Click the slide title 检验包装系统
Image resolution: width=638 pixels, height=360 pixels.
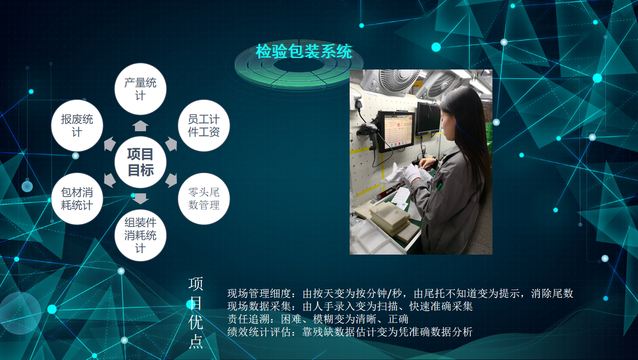point(304,52)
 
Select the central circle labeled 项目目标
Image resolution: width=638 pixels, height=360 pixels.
point(140,162)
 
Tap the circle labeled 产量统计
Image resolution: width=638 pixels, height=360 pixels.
point(140,89)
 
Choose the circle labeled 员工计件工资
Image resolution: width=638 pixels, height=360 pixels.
point(204,126)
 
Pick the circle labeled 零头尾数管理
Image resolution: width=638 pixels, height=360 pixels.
point(204,198)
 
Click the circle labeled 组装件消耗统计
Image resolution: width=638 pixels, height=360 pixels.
point(140,235)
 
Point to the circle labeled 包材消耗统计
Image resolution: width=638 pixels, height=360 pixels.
point(77,198)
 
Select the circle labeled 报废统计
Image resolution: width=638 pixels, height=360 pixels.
point(77,126)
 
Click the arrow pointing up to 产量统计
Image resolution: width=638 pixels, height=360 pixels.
point(140,126)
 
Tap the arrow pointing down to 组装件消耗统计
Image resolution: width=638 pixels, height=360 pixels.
point(140,198)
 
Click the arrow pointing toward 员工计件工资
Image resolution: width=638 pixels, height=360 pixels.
point(171,144)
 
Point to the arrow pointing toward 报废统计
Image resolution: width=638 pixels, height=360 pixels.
point(110,144)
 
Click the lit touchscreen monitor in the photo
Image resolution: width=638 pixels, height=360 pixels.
point(397,131)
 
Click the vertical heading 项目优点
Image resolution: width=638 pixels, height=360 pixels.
point(196,313)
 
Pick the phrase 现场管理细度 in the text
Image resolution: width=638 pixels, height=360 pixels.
point(259,293)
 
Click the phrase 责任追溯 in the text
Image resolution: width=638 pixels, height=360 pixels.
point(248,319)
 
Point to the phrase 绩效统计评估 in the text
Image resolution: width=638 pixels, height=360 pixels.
point(259,331)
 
